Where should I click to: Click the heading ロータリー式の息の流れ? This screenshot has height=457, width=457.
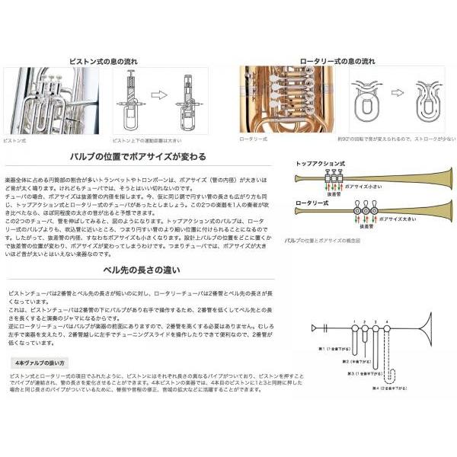point(337,59)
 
